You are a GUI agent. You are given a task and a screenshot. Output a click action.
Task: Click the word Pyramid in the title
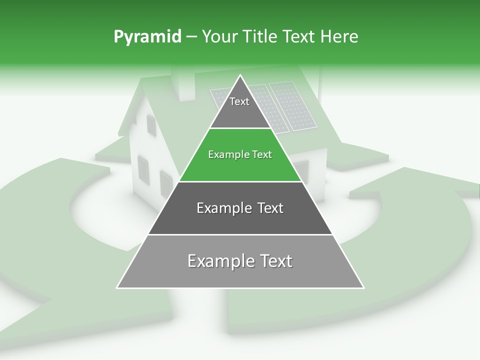[147, 37]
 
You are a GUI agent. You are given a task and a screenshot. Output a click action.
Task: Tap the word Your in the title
[219, 37]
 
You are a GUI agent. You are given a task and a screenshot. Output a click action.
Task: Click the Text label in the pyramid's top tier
[239, 101]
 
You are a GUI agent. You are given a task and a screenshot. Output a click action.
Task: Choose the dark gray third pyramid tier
[240, 220]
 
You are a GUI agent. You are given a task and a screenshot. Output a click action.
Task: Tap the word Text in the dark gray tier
[268, 208]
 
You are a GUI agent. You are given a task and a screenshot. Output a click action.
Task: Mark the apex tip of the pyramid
[240, 75]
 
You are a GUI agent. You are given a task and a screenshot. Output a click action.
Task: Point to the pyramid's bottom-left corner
[117, 287]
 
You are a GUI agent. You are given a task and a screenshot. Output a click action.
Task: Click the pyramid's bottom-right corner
[363, 287]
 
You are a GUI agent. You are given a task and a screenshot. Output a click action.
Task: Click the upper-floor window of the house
[150, 124]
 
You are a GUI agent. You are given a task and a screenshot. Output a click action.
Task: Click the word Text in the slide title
[299, 37]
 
